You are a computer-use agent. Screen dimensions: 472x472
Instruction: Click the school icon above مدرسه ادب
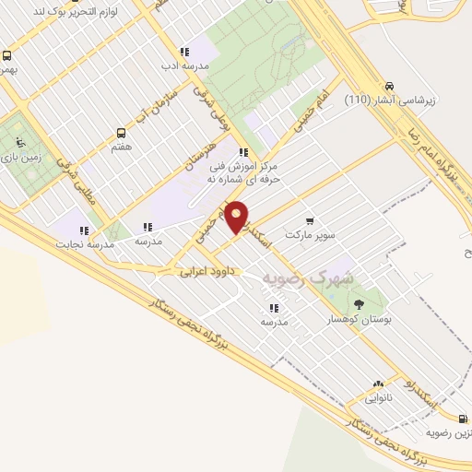click(184, 53)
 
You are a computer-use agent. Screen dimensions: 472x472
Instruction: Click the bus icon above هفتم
click(120, 134)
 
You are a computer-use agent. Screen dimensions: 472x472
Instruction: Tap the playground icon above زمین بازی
click(19, 143)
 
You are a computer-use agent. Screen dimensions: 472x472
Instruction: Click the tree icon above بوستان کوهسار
click(359, 303)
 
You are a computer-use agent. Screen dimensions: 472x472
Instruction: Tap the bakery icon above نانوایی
click(378, 384)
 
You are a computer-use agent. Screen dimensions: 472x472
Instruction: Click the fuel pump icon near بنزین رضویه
click(462, 418)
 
